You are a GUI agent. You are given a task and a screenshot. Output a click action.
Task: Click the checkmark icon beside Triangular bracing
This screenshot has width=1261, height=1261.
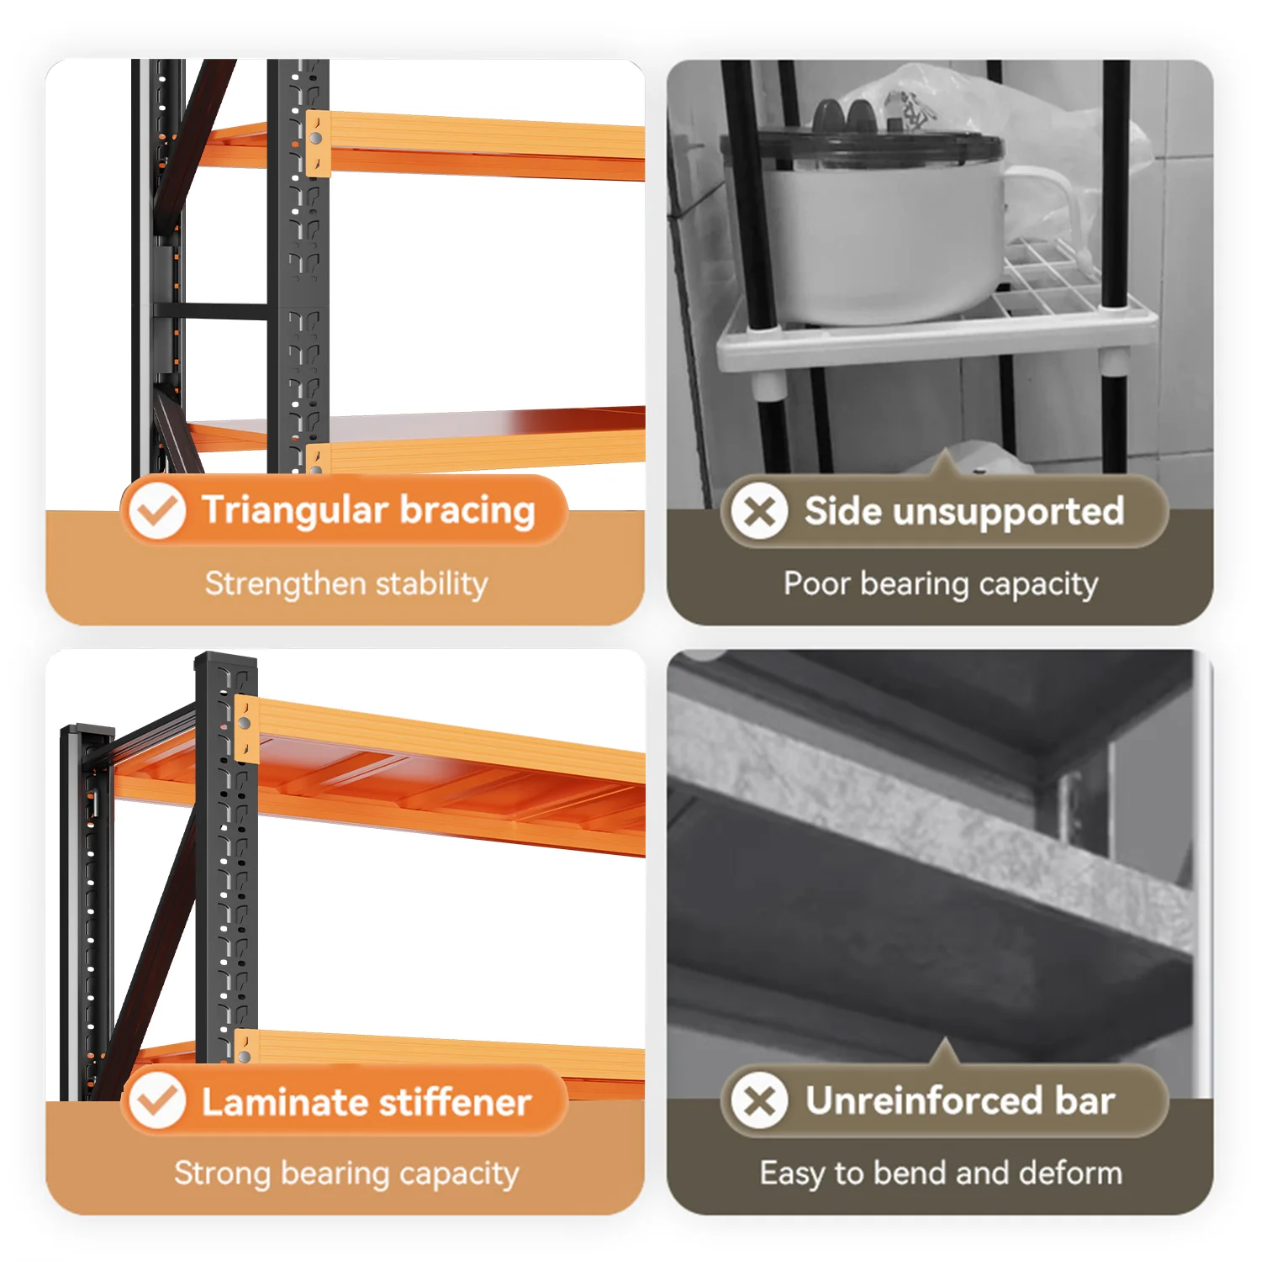coord(157,510)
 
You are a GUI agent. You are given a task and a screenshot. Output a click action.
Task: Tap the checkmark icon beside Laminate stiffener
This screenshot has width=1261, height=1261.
coord(157,1100)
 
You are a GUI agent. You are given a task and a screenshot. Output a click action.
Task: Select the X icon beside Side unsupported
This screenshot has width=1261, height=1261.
coord(759,510)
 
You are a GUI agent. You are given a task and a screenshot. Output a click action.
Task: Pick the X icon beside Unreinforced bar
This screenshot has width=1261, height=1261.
coord(759,1100)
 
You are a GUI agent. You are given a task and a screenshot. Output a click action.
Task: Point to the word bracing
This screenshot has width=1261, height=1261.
coord(467,510)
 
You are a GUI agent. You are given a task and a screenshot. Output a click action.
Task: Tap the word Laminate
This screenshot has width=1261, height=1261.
coord(280,1102)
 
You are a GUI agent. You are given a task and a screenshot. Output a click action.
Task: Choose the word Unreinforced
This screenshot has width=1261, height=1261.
coord(925,1100)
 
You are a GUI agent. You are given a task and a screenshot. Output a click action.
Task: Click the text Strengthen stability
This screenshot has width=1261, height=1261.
coord(346,583)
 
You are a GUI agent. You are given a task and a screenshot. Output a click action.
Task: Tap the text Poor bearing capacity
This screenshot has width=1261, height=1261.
coord(941,584)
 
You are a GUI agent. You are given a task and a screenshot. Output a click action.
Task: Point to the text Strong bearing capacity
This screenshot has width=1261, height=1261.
coord(346,1174)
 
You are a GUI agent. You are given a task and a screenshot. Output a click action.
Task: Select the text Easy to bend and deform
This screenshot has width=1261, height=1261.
coord(941,1173)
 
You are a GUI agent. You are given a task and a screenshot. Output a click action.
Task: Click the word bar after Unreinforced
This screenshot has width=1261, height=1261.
coord(1085,1100)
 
